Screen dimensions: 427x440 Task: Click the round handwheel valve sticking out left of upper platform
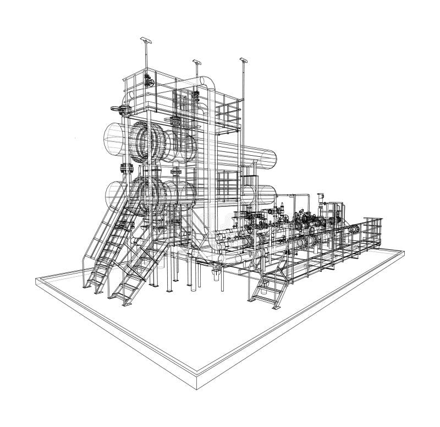114,108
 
